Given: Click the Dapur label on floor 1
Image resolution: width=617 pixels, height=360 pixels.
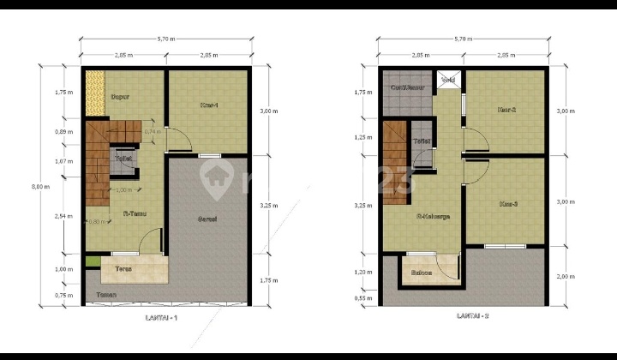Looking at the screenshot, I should [x=121, y=97].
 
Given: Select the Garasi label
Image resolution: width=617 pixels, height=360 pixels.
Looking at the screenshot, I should [x=207, y=219].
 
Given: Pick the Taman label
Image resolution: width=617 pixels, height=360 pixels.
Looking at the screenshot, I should [x=106, y=296].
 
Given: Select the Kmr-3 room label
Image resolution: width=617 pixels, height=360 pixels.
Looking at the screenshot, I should [x=508, y=203].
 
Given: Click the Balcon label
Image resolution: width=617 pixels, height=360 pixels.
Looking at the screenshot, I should [x=422, y=274].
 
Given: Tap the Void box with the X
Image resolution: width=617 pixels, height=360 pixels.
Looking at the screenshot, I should [x=448, y=79].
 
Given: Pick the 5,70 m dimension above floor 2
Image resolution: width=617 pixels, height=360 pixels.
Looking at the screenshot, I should [x=464, y=39].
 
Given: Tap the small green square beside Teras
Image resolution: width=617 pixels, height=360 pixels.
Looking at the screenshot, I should [x=89, y=261].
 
